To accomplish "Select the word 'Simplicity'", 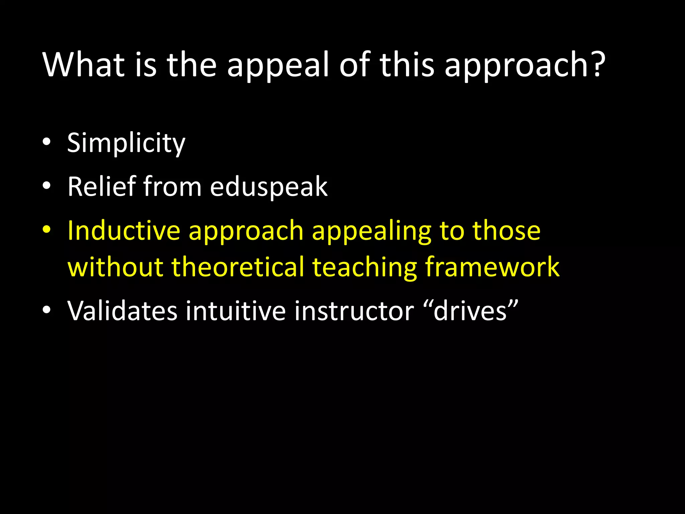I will tap(126, 143).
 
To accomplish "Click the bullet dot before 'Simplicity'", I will tap(46, 142).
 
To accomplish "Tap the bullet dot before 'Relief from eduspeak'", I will tap(46, 185).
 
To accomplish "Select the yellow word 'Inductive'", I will tap(124, 231).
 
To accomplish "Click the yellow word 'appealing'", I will tap(372, 232).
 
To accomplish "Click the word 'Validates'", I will tap(122, 311).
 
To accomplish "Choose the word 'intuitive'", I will tap(236, 311).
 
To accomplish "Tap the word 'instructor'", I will tap(354, 311).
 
